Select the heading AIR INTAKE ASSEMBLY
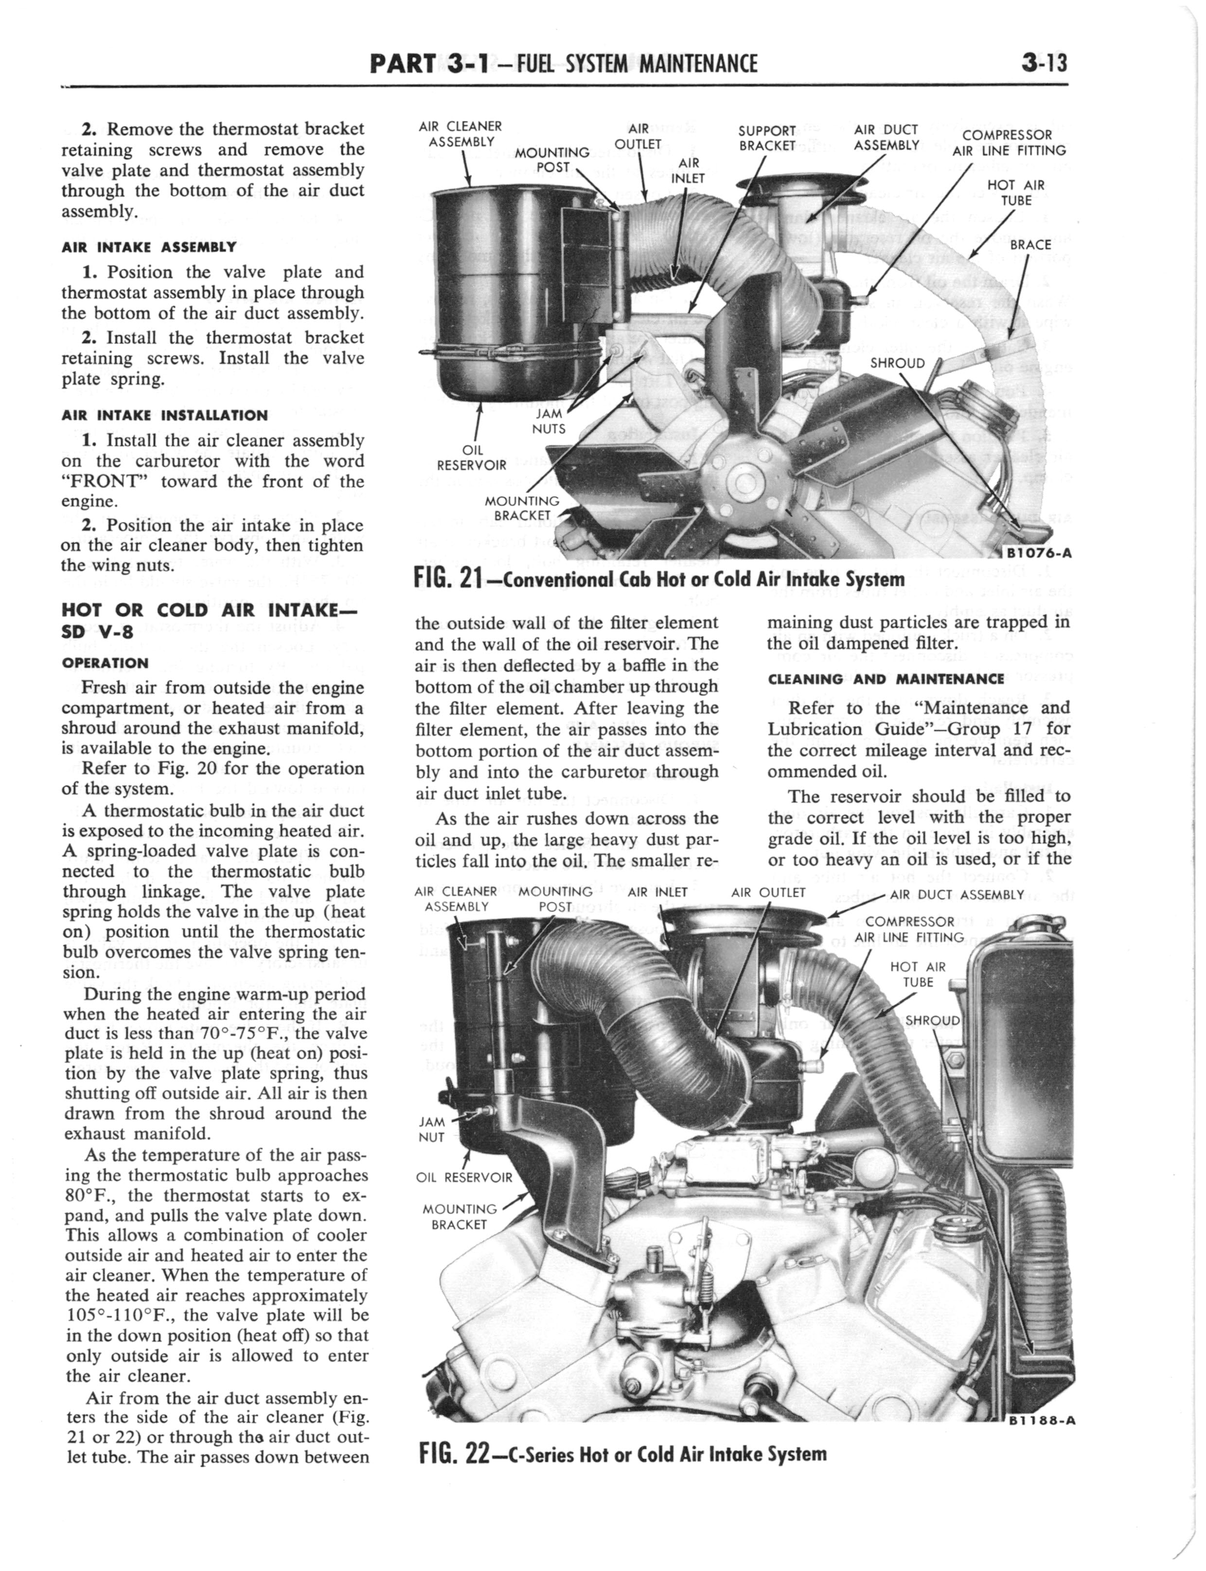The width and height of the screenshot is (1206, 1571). pos(149,247)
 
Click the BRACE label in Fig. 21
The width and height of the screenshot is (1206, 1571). pos(1030,245)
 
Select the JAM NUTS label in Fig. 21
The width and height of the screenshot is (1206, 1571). pos(549,421)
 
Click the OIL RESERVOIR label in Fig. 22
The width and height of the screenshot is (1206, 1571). pos(464,1177)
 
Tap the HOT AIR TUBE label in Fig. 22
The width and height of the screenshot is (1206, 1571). pos(918,975)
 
